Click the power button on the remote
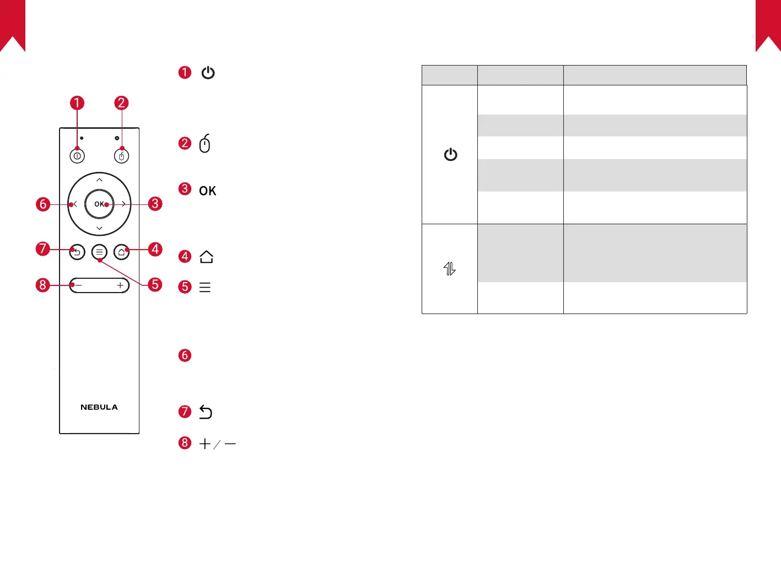77,156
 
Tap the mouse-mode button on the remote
121,156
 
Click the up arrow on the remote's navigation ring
99,180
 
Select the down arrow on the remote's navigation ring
99,228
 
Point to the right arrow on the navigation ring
123,204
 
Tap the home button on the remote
121,252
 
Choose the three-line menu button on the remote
99,252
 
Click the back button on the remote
77,252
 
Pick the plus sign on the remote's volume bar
120,285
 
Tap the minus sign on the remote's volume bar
78,285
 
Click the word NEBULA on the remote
99,407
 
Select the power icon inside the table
450,154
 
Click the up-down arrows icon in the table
450,269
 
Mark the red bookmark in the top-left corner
13,25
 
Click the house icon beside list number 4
206,257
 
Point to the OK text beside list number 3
207,191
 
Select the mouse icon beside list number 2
204,143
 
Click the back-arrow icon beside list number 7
206,412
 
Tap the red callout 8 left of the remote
43,285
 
